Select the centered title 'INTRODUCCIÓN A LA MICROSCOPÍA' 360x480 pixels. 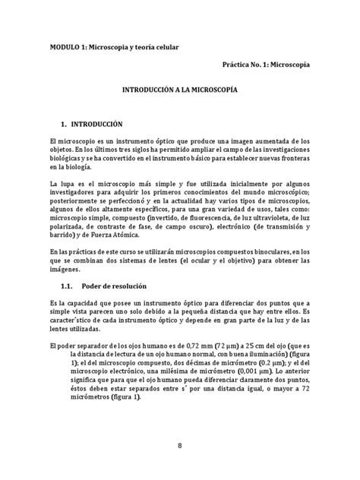click(180, 89)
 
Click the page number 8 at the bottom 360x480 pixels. click(180, 445)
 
